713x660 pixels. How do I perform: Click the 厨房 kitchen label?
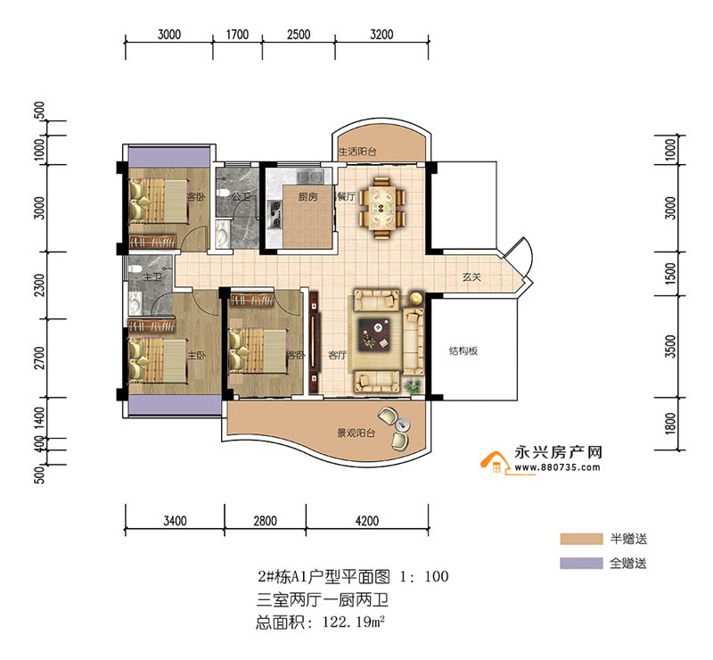point(307,197)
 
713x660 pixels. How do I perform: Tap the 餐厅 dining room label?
point(346,197)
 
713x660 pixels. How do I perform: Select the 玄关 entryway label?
point(471,277)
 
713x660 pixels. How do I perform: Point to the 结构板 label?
point(463,351)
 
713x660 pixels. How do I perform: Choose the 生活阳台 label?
point(356,153)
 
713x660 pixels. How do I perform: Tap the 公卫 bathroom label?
point(239,197)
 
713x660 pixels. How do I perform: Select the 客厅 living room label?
point(337,354)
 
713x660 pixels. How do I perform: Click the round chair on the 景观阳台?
point(389,416)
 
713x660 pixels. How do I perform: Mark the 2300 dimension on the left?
point(38,291)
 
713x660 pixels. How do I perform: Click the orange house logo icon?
point(492,463)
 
